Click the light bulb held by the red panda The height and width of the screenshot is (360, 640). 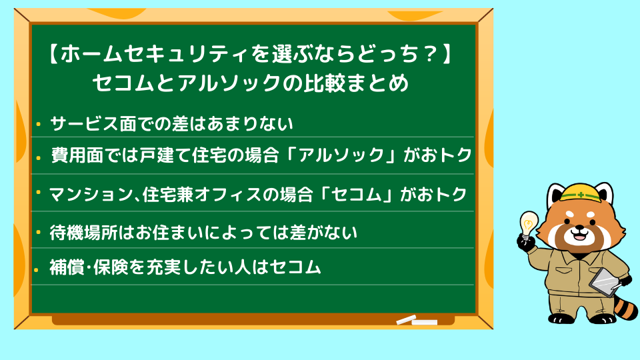528,224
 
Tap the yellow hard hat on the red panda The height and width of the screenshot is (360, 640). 580,192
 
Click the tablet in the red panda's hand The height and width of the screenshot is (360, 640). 605,282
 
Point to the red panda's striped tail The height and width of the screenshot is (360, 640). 624,305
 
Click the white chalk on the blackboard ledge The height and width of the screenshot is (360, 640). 416,321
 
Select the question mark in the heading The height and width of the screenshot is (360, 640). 429,54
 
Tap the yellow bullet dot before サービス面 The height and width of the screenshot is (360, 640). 39,124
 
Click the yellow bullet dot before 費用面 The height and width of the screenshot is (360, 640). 39,157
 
